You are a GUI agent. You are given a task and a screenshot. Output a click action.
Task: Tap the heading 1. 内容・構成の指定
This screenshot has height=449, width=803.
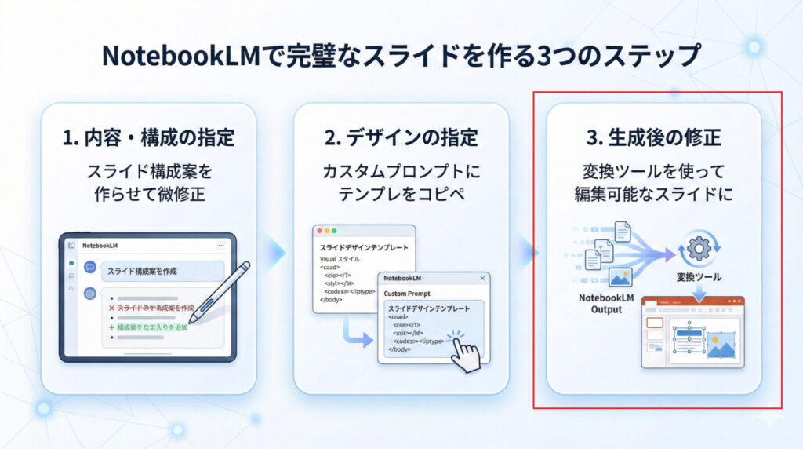pyautogui.click(x=148, y=138)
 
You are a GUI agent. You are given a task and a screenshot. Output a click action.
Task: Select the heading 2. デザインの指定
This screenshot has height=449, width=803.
pyautogui.click(x=401, y=138)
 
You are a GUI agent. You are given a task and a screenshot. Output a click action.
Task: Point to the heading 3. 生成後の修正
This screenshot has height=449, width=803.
pyautogui.click(x=653, y=138)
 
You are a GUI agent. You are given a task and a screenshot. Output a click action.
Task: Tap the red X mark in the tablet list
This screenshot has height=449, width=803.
pyautogui.click(x=111, y=308)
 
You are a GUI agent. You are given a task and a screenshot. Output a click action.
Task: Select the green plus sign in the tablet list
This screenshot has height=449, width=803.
pyautogui.click(x=111, y=327)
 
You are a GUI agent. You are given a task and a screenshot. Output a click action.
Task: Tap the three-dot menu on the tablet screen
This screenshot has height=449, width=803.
pyautogui.click(x=220, y=246)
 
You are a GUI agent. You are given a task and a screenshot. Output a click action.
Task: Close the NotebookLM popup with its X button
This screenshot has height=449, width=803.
pyautogui.click(x=481, y=278)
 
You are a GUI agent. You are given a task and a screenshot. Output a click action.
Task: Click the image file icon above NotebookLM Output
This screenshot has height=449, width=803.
pyautogui.click(x=621, y=277)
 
